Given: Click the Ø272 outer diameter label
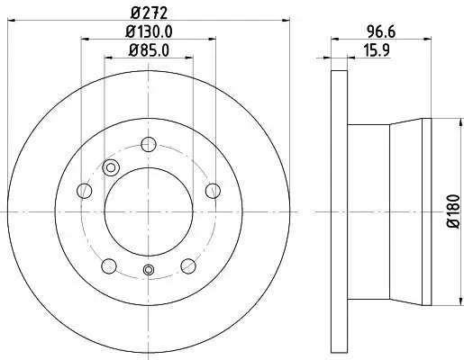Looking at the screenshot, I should coord(150,13).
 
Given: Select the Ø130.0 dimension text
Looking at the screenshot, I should coord(150,32).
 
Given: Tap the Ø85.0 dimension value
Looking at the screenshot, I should coord(150,51).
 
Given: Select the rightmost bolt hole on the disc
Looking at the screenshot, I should coord(214,190).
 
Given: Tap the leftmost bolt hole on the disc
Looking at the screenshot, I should coord(85,190).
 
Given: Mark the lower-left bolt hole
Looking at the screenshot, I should coord(109,265).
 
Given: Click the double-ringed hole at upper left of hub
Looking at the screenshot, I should coord(112,166).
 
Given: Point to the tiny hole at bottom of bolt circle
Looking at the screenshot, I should coord(150,271).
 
